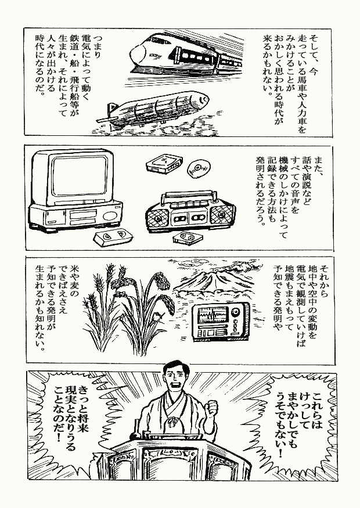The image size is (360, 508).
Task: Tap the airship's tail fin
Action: (x=113, y=108)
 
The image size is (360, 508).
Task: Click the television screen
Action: (x=79, y=176)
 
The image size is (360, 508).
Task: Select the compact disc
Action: (x=199, y=168)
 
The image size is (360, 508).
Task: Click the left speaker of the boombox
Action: (x=157, y=218)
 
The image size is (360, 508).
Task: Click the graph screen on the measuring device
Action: (x=213, y=315)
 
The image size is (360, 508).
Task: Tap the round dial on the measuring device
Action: (x=236, y=312)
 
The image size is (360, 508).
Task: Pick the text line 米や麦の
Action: (x=74, y=281)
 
